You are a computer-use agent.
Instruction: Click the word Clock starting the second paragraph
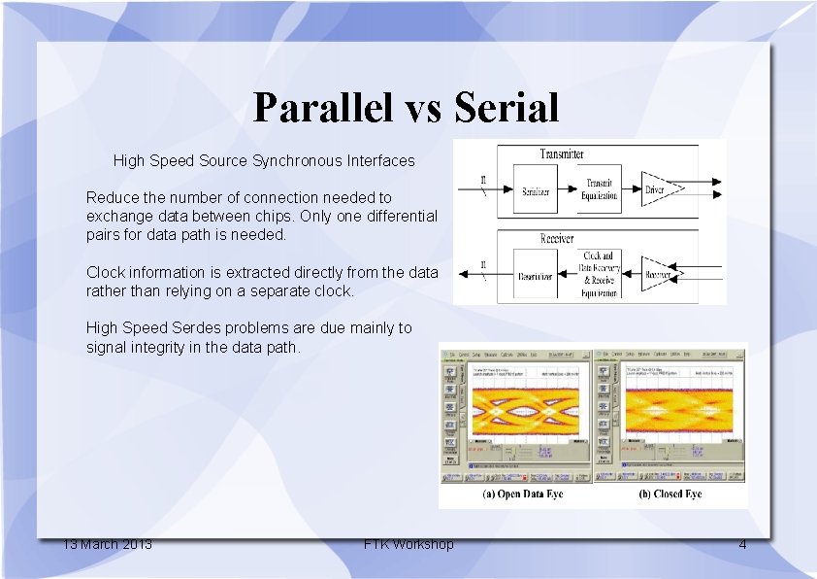point(107,272)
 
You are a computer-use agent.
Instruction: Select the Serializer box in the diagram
point(536,191)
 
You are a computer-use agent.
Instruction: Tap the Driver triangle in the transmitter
point(659,189)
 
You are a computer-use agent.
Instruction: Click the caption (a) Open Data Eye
point(522,494)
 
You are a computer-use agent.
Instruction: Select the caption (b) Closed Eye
point(670,494)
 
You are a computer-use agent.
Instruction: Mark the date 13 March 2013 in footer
point(107,544)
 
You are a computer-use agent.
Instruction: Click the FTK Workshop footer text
point(408,544)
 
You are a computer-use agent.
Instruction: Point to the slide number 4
point(742,544)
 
